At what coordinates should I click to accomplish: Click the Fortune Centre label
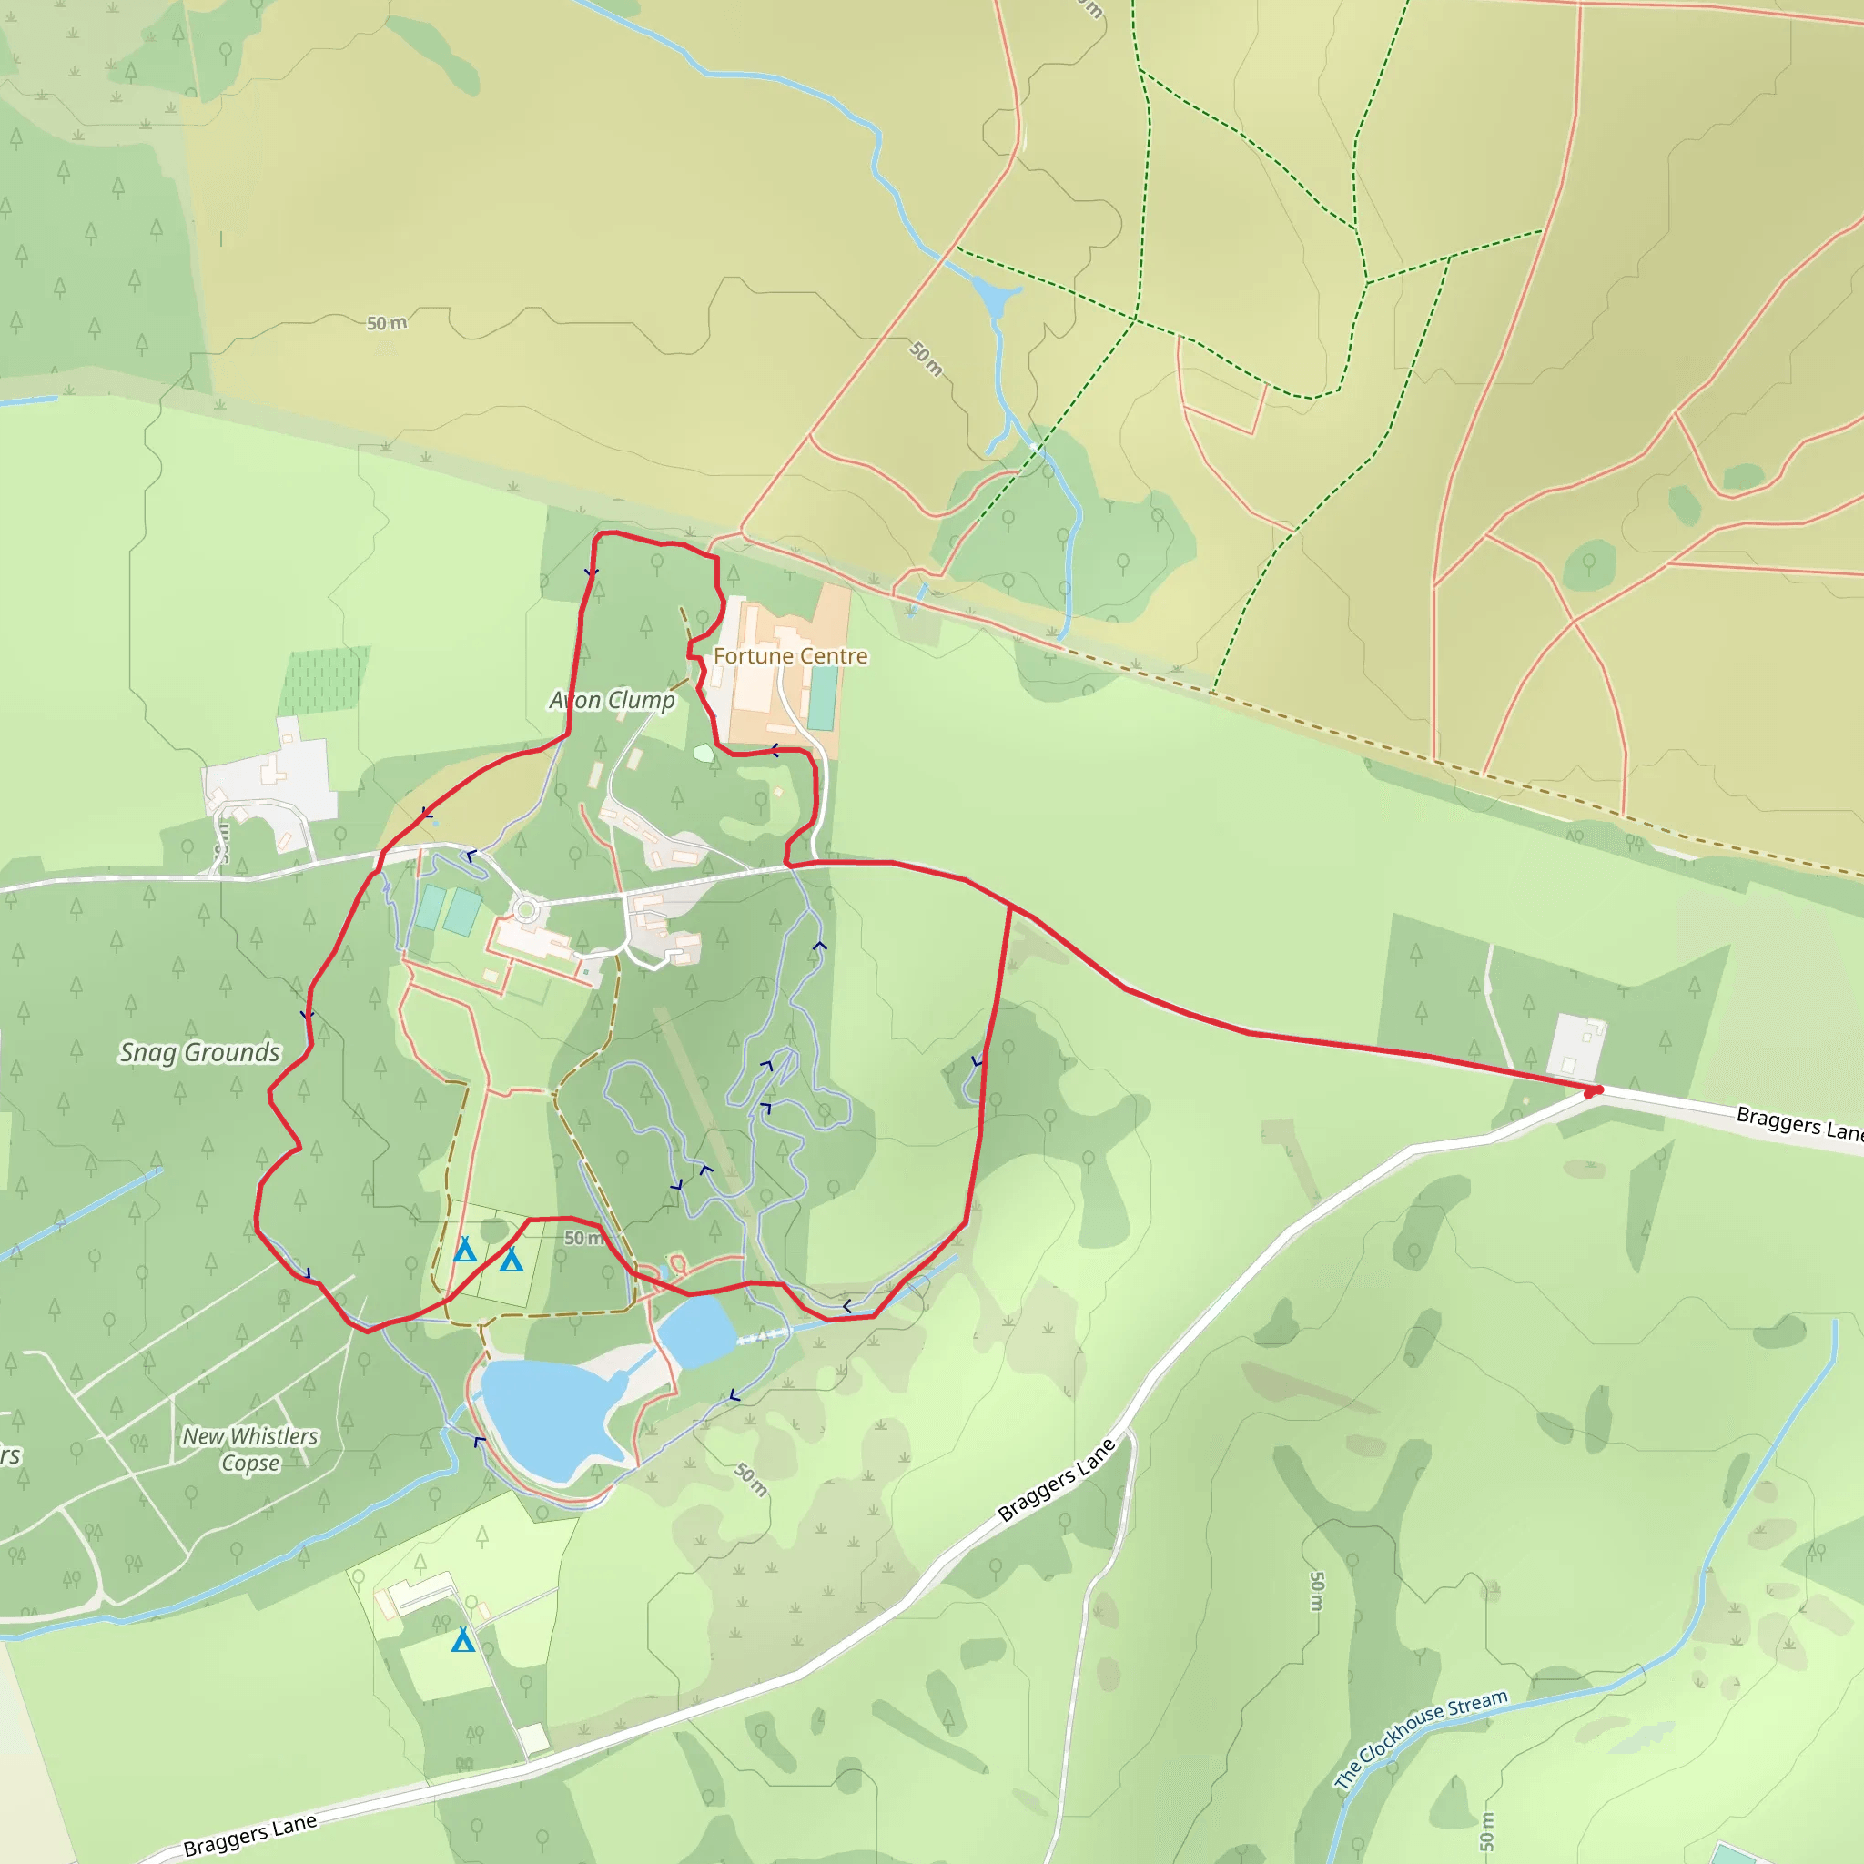click(790, 656)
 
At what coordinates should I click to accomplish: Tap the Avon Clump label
click(612, 700)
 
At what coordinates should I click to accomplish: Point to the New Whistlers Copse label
click(251, 1449)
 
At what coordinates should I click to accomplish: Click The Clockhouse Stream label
click(1421, 1738)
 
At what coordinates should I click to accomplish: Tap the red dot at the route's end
click(1593, 1091)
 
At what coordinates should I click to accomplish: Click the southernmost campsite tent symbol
click(463, 1639)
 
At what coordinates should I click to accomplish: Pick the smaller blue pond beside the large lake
click(696, 1332)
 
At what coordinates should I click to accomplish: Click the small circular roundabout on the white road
click(526, 910)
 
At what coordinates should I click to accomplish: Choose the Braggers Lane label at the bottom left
click(250, 1834)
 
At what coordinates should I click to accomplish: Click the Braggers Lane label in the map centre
click(1057, 1480)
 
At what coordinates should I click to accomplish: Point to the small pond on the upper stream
click(993, 297)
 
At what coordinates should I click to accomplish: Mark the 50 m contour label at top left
click(386, 323)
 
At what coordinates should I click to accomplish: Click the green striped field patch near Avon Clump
click(324, 679)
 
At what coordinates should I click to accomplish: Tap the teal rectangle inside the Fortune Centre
click(823, 697)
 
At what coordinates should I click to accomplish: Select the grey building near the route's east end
click(1575, 1045)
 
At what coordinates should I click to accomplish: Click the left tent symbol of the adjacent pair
click(465, 1251)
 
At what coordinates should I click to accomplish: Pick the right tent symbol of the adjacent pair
click(512, 1259)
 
